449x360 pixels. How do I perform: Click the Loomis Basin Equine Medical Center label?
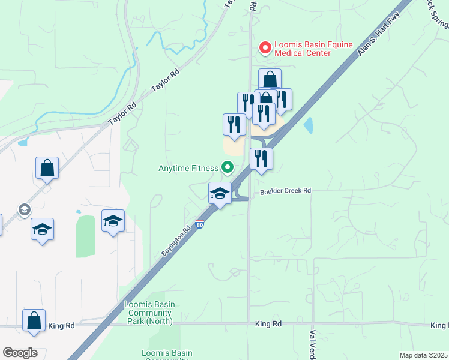303,49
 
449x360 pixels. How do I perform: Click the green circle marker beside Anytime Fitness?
227,168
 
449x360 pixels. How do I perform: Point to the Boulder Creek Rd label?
285,191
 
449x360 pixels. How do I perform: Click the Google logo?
20,353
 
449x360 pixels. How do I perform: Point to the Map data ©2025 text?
424,355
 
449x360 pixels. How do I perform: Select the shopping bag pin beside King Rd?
34,320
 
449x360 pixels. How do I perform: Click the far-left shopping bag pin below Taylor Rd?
47,169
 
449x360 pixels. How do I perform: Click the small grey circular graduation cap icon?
24,209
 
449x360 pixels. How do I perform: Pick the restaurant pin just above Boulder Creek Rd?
261,158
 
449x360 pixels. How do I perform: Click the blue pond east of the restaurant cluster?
309,125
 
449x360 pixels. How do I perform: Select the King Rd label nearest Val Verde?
268,324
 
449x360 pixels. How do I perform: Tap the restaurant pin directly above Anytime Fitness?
234,124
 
